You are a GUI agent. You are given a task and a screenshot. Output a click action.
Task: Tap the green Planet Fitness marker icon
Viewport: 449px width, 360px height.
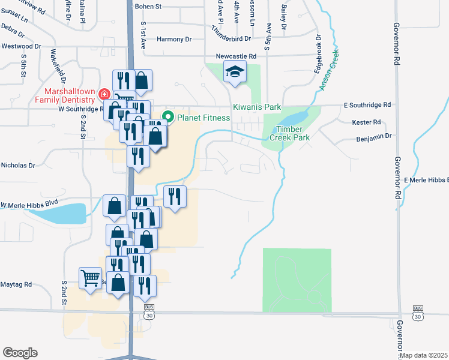[x=169, y=118]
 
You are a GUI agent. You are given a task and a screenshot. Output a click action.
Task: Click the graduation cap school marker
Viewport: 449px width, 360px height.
[x=234, y=73]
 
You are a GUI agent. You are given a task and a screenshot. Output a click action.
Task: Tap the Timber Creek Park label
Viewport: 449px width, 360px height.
[x=293, y=133]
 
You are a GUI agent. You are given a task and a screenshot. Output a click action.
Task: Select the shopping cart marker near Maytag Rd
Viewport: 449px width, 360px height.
[x=90, y=277]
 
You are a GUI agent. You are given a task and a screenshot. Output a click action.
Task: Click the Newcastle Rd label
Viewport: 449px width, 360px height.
[x=236, y=56]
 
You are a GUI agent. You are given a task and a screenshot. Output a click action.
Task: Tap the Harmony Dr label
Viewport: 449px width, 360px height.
[x=174, y=39]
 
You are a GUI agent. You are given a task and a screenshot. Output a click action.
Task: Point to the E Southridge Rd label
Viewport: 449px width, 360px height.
[x=367, y=104]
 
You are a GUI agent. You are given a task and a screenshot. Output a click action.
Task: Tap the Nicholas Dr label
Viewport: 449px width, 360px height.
[x=19, y=165]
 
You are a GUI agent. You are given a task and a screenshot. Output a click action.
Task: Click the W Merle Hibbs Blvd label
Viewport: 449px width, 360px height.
[x=29, y=204]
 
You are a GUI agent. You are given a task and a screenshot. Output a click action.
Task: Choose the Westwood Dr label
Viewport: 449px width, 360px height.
[x=21, y=46]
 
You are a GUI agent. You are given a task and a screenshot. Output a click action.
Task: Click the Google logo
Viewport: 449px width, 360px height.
[x=20, y=353]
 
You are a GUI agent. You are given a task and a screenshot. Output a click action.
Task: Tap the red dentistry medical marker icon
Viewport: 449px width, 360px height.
[x=104, y=95]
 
